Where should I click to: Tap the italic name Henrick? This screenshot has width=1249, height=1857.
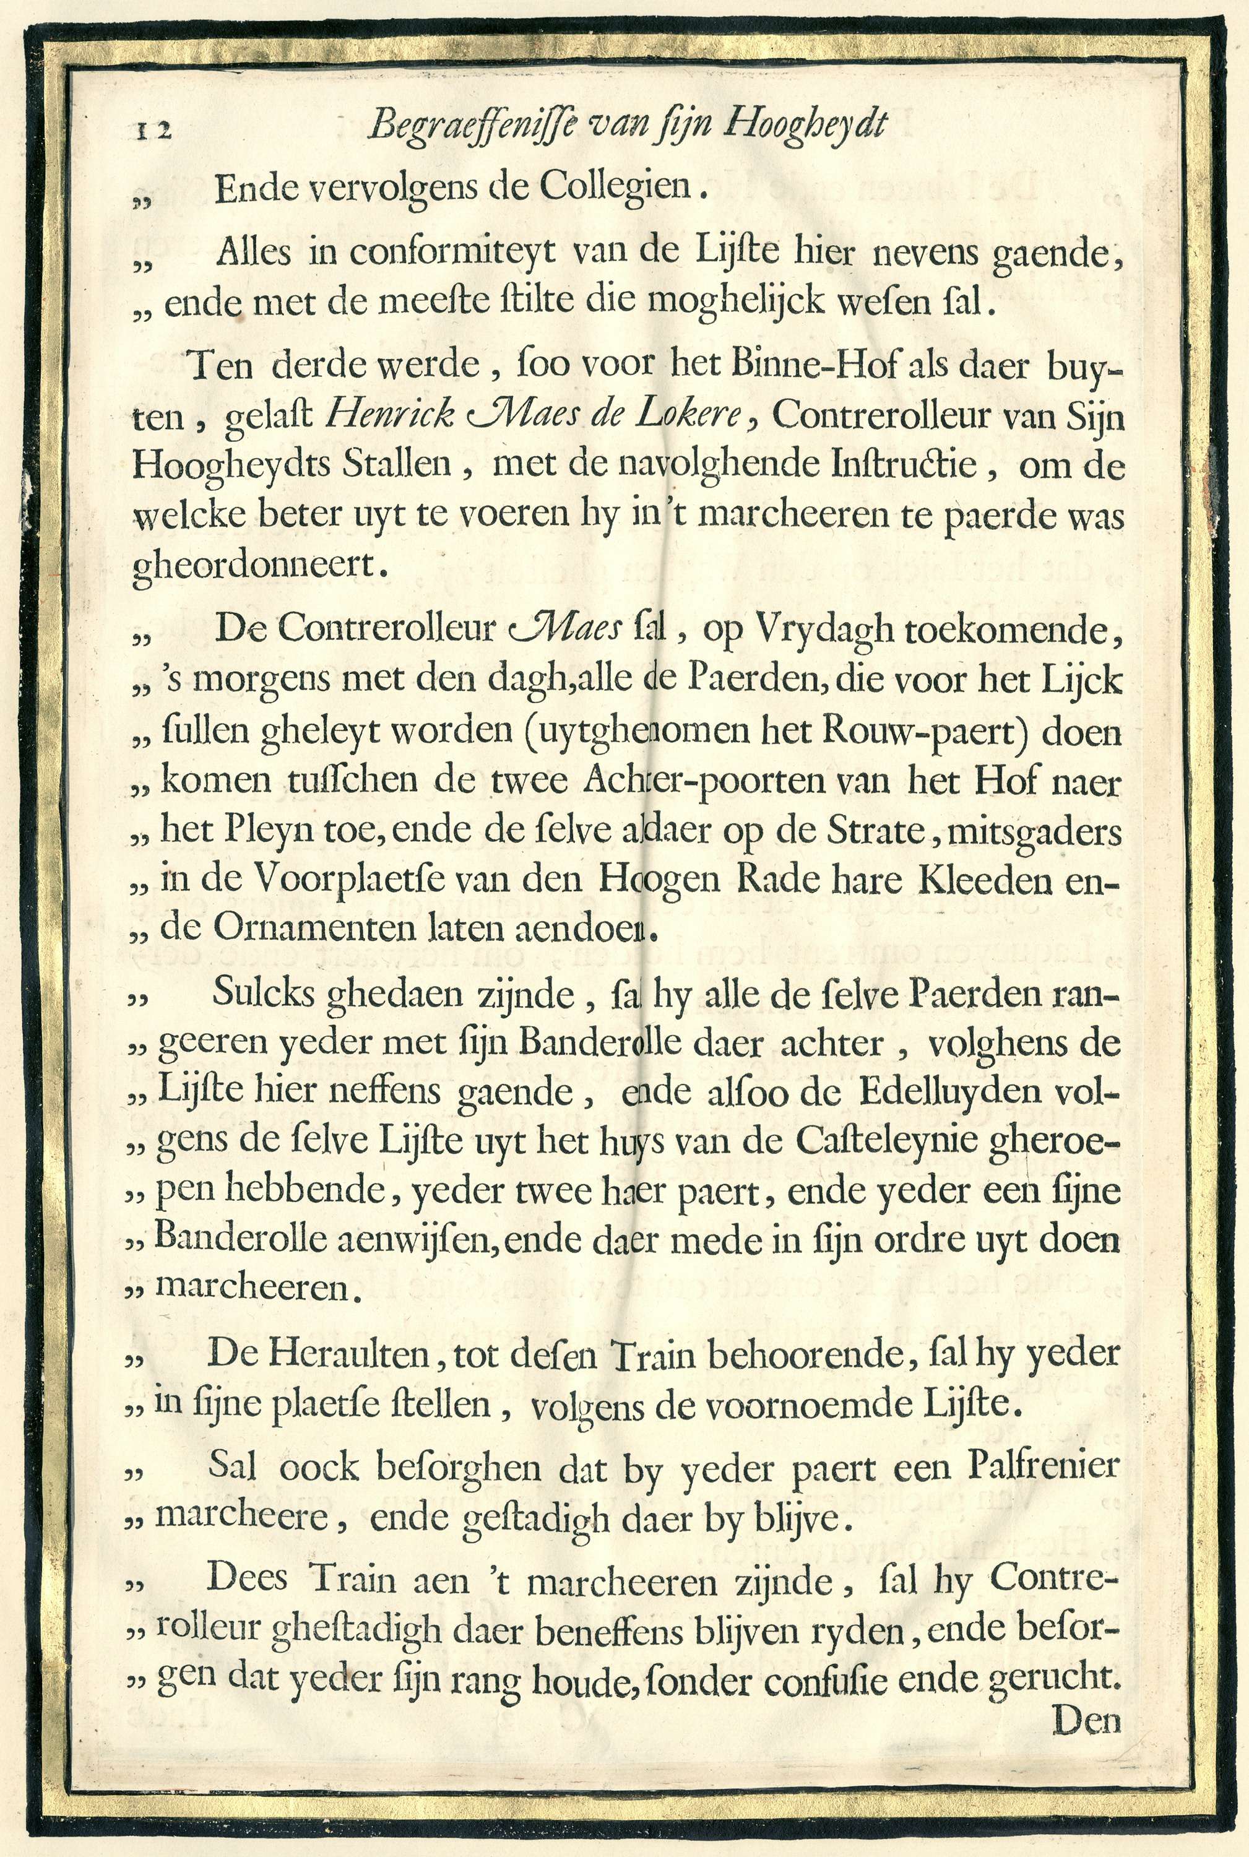pos(391,414)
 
